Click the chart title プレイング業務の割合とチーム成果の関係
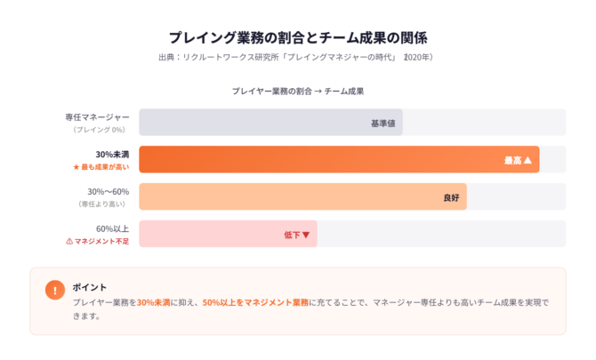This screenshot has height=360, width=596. coord(298,37)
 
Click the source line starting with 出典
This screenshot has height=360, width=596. coord(298,57)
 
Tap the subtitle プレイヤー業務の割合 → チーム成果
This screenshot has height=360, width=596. coord(298,91)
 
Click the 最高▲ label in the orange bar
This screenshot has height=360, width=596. coord(517,160)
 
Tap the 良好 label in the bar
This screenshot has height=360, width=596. coord(452,197)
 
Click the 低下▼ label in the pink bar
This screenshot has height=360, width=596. coord(296,235)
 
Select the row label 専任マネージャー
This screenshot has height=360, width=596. coord(97,117)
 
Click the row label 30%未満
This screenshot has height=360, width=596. coord(112,155)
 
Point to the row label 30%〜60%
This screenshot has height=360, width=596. coord(108,192)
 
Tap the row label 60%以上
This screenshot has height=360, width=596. coord(112,229)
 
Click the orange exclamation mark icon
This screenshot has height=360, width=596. coord(54,290)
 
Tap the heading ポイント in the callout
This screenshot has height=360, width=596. coord(90,287)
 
